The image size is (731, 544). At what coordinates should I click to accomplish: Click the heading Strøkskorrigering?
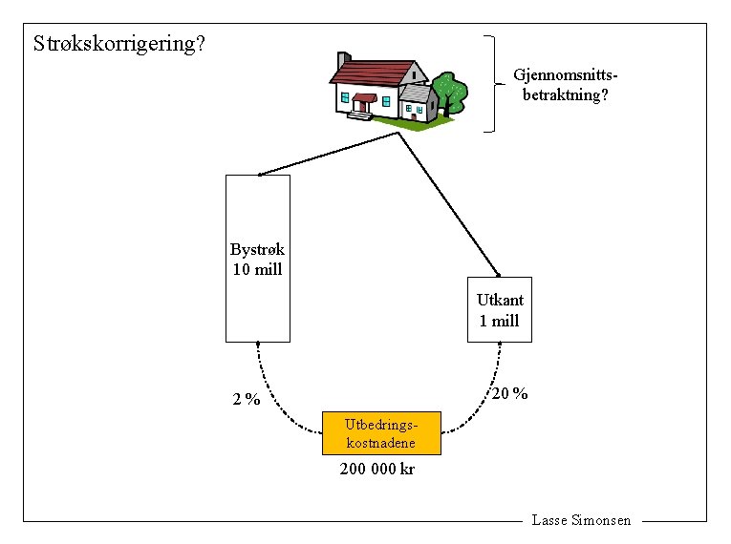click(x=119, y=44)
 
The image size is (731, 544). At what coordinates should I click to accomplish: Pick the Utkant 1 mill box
click(x=499, y=309)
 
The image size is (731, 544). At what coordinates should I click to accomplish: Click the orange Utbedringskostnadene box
click(x=381, y=434)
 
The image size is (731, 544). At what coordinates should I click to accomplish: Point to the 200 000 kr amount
click(x=377, y=470)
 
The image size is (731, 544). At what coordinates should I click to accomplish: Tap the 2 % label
click(x=247, y=400)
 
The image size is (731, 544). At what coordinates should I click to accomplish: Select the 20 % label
click(x=509, y=393)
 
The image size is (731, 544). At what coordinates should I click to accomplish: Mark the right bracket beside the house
click(x=494, y=83)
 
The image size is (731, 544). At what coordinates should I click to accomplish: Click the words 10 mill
click(x=257, y=269)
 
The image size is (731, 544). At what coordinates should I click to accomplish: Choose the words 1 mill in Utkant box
click(x=499, y=321)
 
